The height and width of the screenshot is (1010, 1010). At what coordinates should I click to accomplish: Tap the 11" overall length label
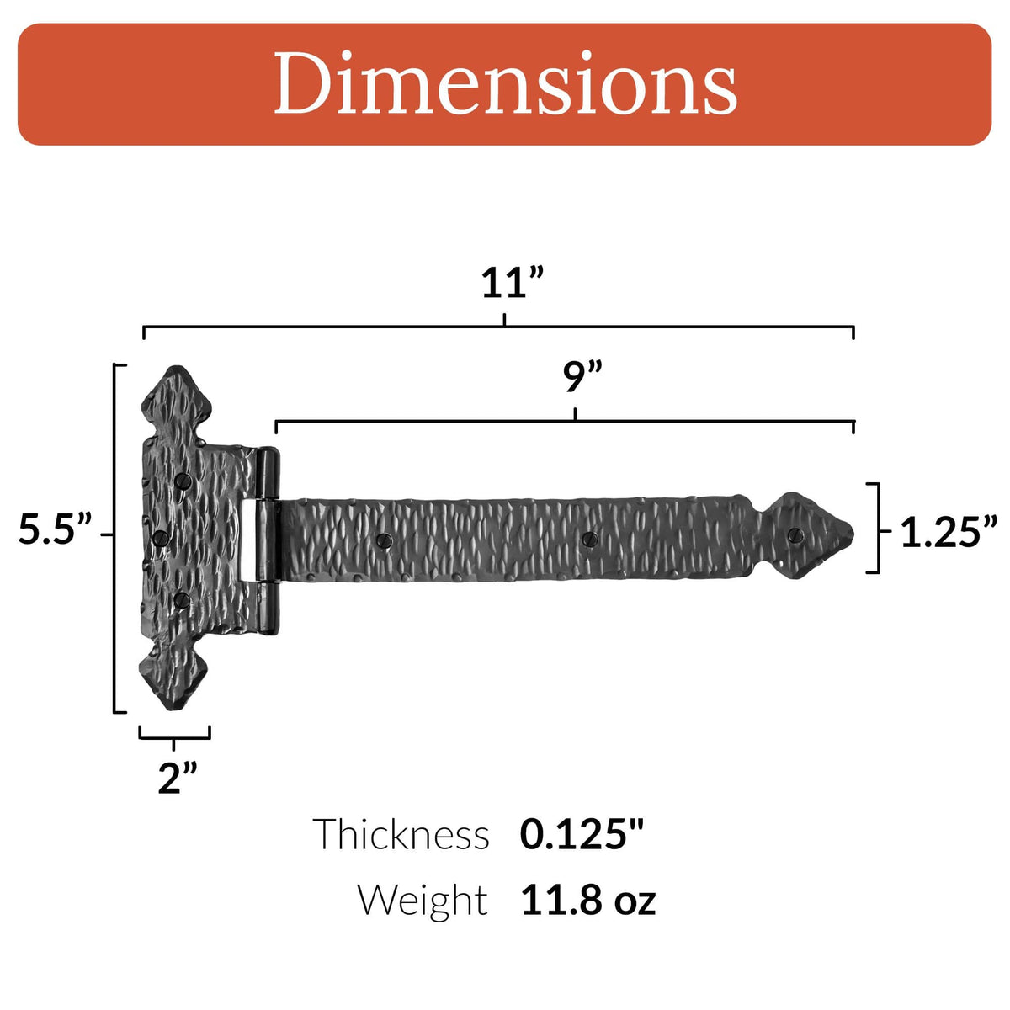(513, 284)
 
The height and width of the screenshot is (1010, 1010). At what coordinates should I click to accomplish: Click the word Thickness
(401, 835)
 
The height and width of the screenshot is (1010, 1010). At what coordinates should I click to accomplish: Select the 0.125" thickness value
(582, 834)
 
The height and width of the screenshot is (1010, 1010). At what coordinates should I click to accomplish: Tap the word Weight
(423, 900)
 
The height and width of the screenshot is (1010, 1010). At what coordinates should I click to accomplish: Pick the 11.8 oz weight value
(587, 900)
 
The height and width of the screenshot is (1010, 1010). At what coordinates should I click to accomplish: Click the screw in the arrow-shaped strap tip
(794, 534)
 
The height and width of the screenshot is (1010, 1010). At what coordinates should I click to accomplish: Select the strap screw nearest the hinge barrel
(385, 540)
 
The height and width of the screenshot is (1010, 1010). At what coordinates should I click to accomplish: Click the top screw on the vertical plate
(183, 481)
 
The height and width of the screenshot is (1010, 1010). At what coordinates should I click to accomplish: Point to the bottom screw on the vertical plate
(180, 599)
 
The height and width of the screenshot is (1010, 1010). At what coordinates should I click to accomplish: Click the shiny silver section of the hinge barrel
(250, 539)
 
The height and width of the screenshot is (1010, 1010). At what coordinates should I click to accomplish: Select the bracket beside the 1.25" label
(876, 529)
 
